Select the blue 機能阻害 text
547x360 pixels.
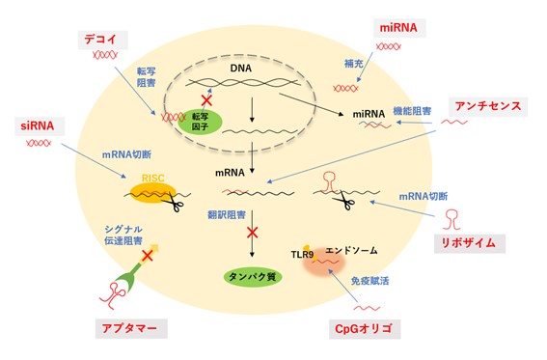click(410, 112)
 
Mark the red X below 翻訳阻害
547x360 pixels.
click(254, 233)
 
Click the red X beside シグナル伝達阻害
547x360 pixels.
click(148, 256)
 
